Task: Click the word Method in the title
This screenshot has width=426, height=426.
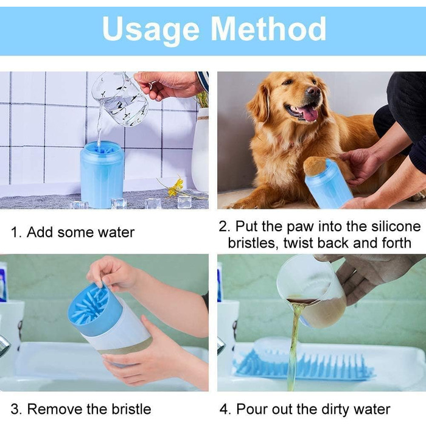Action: (268, 28)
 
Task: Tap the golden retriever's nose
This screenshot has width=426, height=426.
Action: (313, 91)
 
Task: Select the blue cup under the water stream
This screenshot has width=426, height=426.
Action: (102, 174)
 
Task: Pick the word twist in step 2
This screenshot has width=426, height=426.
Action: (299, 243)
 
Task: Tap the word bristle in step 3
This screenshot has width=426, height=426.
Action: (131, 409)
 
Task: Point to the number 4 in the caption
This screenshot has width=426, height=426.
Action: (224, 410)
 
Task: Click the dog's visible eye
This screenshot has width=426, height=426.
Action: (288, 81)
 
